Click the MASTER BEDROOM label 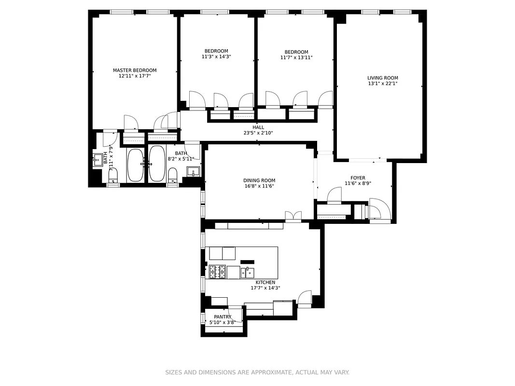(135, 70)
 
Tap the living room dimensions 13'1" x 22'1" (382, 83)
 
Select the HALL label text (258, 127)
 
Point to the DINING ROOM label (259, 180)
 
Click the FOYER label (358, 178)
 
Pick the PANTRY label (223, 317)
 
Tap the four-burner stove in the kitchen (217, 272)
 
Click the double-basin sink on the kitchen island (248, 273)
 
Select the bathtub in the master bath (135, 165)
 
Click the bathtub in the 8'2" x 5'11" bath (156, 164)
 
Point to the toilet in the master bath (113, 174)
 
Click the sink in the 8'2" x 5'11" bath (193, 172)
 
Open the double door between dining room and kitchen (293, 217)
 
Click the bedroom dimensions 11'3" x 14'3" (216, 56)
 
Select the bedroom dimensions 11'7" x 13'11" (296, 57)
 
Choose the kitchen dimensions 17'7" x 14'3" (265, 288)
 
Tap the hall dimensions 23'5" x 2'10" (258, 133)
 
